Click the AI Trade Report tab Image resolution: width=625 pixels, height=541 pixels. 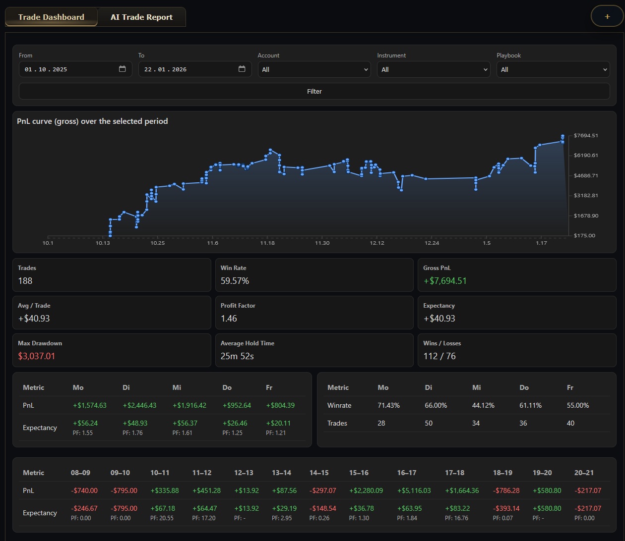[x=141, y=17]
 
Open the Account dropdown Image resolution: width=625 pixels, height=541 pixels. [x=314, y=69]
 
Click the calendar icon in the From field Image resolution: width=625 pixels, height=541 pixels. [x=123, y=69]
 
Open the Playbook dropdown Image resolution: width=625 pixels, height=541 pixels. [x=553, y=69]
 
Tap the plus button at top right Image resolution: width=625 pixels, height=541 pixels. [x=607, y=16]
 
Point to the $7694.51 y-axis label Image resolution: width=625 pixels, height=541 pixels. [x=585, y=136]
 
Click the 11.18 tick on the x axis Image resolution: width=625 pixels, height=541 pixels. [x=267, y=243]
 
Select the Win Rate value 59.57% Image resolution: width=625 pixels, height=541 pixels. [x=235, y=281]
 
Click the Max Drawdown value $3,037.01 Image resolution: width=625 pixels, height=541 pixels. [x=37, y=356]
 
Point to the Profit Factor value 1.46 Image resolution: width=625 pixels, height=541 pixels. [x=229, y=319]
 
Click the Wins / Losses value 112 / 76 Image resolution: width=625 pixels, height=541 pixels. [x=439, y=356]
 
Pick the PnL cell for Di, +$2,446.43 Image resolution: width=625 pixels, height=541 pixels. [x=139, y=405]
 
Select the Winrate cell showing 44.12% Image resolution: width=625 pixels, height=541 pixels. [x=483, y=405]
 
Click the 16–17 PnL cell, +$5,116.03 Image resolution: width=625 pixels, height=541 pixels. [x=414, y=490]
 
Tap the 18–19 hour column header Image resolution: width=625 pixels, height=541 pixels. [x=502, y=473]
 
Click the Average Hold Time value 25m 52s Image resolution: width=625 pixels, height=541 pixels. [x=237, y=356]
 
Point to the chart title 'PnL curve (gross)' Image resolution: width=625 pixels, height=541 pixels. [x=92, y=121]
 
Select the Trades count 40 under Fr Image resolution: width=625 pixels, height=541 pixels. [x=570, y=423]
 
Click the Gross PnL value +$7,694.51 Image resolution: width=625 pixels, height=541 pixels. [x=444, y=281]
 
